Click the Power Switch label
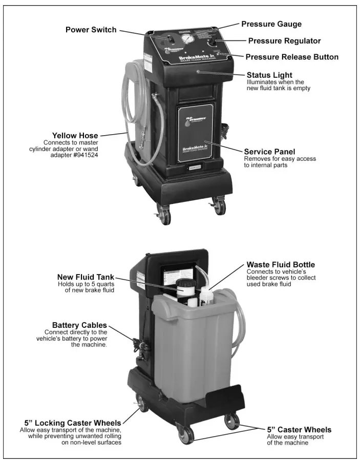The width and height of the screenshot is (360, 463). tap(91, 29)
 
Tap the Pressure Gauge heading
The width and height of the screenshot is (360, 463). tap(271, 24)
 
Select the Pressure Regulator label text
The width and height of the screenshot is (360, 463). tap(284, 40)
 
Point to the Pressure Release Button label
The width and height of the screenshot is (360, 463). tap(292, 57)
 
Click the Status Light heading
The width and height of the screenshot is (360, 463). tap(269, 75)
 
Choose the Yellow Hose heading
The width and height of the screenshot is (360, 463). tap(75, 136)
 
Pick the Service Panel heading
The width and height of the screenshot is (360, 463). tap(269, 152)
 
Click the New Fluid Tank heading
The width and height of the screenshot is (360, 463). tap(86, 277)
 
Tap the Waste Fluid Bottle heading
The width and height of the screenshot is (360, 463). tap(281, 265)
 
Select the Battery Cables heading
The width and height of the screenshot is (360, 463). tap(79, 325)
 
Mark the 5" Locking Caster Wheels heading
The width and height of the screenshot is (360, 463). tap(70, 423)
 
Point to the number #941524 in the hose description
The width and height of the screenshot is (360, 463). tap(84, 155)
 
